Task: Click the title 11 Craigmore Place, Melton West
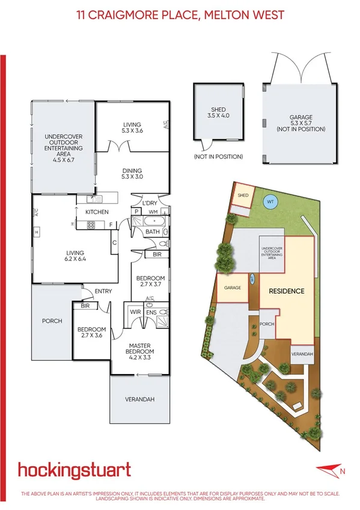[x=180, y=14]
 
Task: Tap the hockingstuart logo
[x=74, y=470]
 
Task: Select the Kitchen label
[x=97, y=212]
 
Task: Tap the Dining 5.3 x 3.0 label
[x=132, y=174]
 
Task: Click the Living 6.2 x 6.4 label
[x=76, y=256]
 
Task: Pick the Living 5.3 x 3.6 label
[x=131, y=127]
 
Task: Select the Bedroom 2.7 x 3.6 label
[x=92, y=333]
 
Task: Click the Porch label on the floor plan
[x=52, y=321]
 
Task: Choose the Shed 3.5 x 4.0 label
[x=219, y=114]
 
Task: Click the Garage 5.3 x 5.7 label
[x=301, y=124]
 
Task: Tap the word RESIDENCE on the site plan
[x=286, y=291]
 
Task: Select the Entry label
[x=103, y=292]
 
